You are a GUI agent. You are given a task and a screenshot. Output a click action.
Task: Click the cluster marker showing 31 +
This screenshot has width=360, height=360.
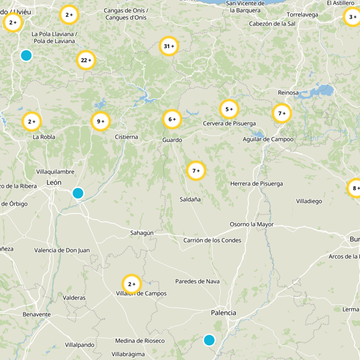point(169,46)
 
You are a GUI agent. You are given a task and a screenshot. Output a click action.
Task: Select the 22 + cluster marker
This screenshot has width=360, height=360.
point(85,60)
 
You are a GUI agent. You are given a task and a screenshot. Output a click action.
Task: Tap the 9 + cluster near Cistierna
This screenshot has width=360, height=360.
point(100,121)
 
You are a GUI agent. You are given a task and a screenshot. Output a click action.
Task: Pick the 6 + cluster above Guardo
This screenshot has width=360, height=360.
point(172,119)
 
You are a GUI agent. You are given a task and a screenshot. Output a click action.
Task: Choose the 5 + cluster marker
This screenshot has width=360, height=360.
point(229,109)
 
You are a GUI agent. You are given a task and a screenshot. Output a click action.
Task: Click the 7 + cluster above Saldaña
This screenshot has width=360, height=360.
point(196,171)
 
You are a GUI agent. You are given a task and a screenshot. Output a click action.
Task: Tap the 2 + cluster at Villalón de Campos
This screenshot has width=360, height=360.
point(132,284)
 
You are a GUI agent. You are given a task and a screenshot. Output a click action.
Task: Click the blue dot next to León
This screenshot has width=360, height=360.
point(78,193)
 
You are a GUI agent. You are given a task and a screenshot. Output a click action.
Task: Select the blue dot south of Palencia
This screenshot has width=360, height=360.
point(209,340)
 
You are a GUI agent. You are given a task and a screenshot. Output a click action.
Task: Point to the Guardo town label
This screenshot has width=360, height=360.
point(172,140)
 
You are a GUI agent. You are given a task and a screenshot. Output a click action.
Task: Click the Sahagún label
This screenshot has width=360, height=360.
point(142,233)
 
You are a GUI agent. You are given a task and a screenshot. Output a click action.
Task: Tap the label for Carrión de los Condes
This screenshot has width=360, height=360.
point(212,240)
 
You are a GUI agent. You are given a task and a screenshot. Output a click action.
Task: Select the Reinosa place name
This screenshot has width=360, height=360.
point(288,93)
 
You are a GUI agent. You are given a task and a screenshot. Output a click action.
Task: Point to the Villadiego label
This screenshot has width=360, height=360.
point(309,201)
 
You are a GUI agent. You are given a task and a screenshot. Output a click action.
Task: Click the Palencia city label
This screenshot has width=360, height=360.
point(224,313)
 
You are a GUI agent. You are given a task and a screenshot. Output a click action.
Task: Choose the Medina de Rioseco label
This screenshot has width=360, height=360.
point(140,341)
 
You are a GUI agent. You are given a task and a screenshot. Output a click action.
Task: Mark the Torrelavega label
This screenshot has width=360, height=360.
point(302,14)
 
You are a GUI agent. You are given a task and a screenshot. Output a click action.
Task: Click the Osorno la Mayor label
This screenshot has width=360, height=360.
point(252,224)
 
